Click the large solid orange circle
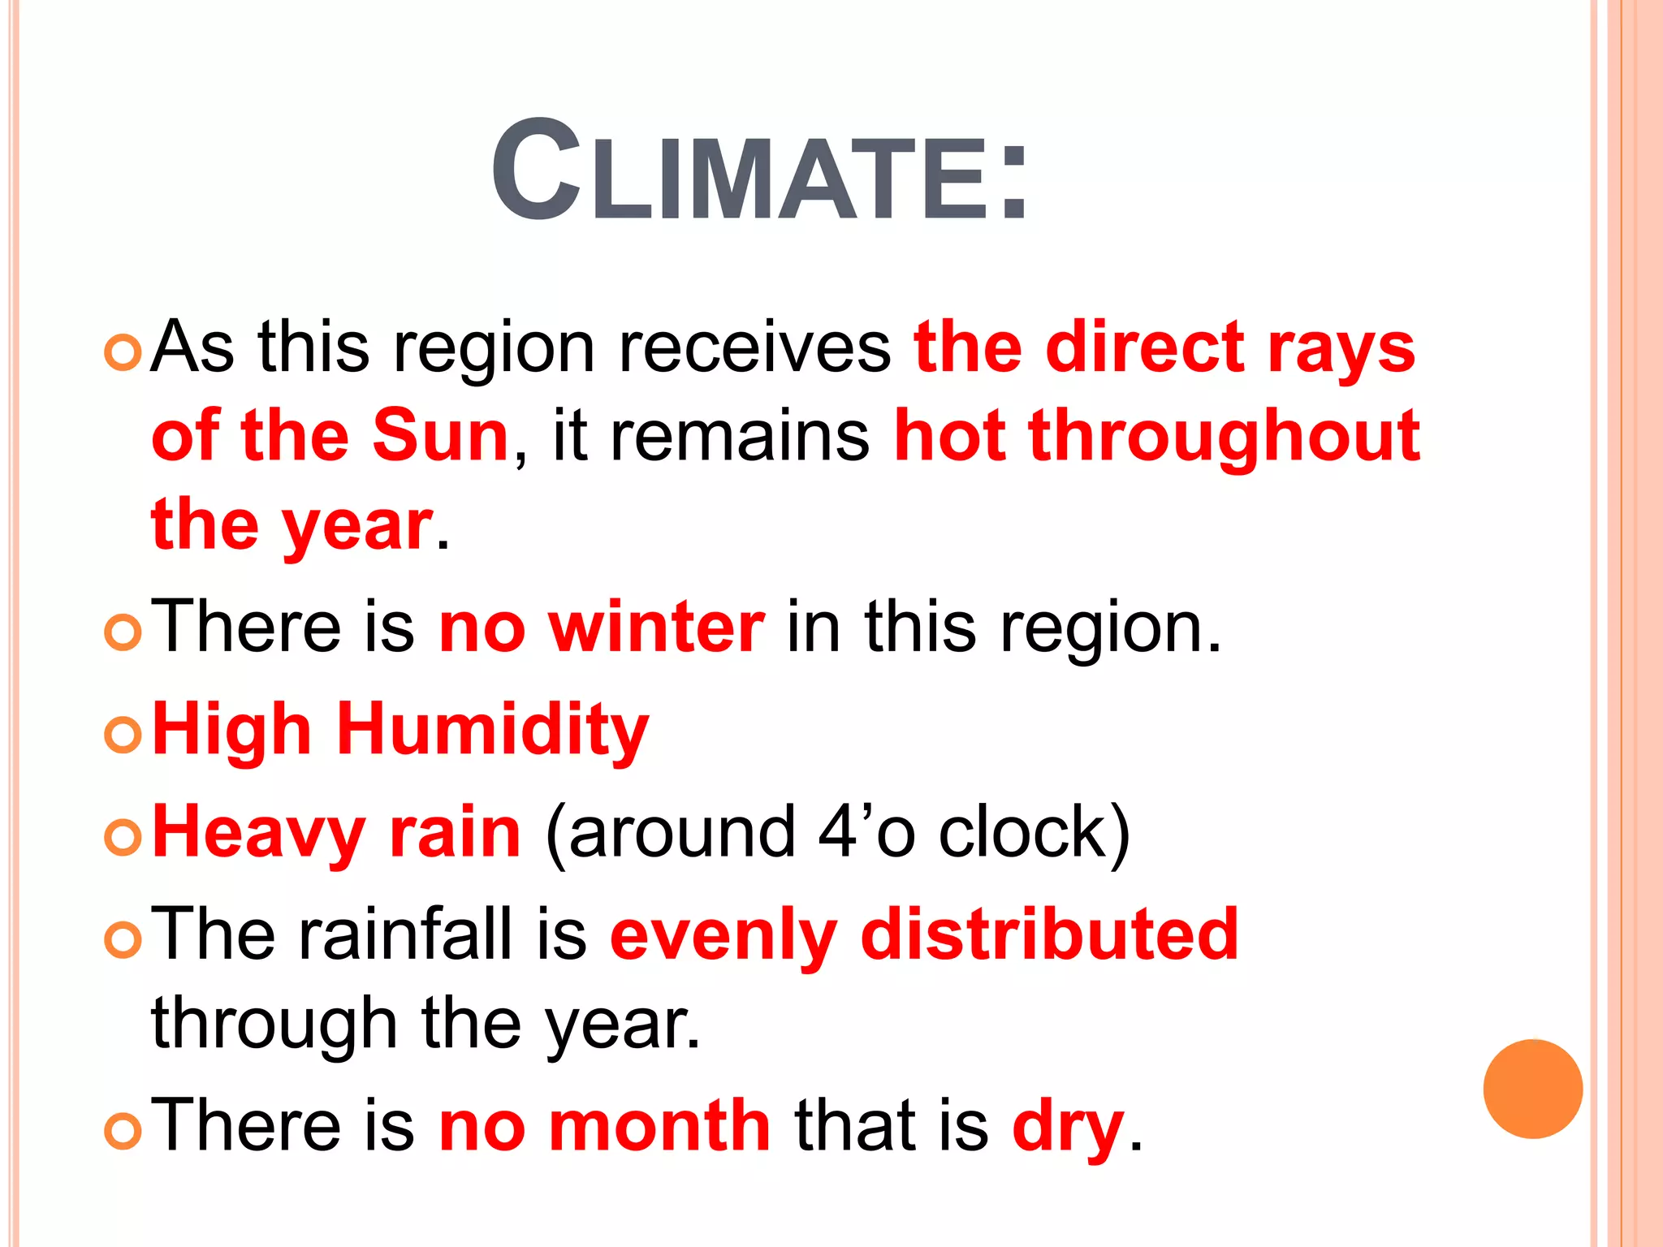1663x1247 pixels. coord(1532,1089)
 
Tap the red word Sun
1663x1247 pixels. coord(440,436)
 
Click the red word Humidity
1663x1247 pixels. coord(493,730)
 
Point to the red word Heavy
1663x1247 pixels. coord(259,832)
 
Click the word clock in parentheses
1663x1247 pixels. coord(1023,832)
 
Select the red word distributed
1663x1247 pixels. coord(1049,934)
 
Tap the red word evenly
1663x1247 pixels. coord(723,936)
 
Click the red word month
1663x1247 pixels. coord(659,1126)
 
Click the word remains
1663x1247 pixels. coord(739,437)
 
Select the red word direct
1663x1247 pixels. coord(1145,348)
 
